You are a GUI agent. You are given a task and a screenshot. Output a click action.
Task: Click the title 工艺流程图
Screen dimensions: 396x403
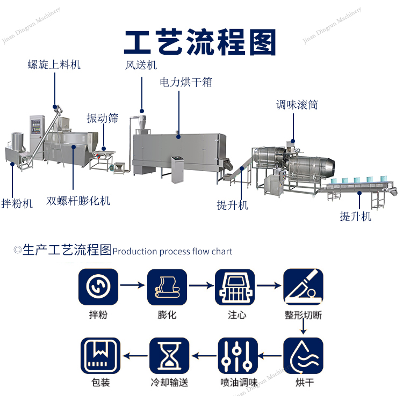(x=200, y=42)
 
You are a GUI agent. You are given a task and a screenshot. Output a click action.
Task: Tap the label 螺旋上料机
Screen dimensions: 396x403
(x=54, y=65)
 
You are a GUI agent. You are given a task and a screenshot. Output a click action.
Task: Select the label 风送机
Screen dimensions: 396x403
(x=141, y=65)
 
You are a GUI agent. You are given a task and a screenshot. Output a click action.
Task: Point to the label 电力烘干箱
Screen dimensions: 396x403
(x=186, y=82)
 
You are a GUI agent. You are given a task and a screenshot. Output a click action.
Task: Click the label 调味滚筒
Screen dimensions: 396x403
(x=297, y=105)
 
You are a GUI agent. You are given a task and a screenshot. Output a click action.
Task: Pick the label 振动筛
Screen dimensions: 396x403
(x=102, y=118)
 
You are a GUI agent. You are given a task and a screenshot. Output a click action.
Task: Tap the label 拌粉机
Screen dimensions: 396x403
(x=17, y=204)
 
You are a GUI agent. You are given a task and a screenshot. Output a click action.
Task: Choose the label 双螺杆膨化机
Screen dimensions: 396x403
(x=78, y=201)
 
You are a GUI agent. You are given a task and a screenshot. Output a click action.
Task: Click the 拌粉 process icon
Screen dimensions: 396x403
(x=98, y=288)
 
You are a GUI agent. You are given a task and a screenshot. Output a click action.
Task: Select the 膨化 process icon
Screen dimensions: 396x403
(x=167, y=288)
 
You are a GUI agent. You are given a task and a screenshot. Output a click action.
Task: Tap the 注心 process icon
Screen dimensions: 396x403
(x=235, y=288)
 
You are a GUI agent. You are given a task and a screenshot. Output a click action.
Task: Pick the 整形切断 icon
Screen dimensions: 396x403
(x=303, y=288)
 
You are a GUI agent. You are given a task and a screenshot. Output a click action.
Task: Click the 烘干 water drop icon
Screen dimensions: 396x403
(x=303, y=356)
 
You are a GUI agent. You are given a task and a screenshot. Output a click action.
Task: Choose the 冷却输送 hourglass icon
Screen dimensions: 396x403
(x=169, y=356)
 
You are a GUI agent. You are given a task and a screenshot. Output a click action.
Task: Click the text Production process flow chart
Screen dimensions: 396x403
(x=172, y=251)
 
